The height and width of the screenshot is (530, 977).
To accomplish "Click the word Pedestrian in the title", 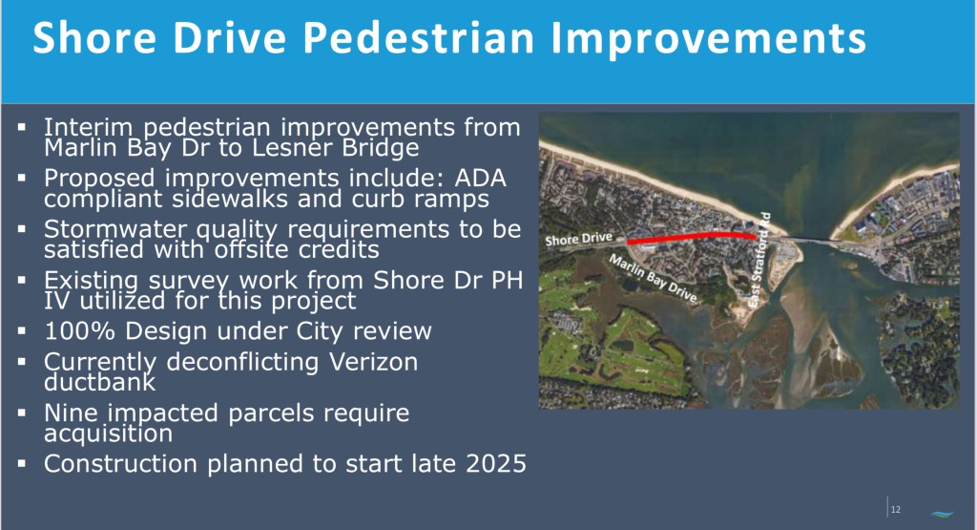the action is point(419,38).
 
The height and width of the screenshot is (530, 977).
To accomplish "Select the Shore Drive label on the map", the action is point(579,239).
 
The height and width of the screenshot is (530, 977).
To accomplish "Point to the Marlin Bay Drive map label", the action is point(653,279).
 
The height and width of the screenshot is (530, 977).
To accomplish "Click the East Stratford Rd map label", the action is point(759,260).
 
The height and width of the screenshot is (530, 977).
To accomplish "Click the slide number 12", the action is point(895,509).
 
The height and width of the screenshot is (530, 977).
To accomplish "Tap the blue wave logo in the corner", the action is point(942,514).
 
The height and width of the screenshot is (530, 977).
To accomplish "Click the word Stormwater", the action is point(115,229).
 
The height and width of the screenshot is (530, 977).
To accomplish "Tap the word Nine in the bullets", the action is point(69,413).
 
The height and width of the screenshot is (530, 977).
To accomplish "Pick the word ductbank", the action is point(99,382).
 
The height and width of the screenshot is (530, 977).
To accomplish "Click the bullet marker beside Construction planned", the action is point(23,464).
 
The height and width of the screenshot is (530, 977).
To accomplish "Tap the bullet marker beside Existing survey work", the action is point(23,281).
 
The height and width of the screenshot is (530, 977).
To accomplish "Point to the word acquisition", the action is point(109,434).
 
